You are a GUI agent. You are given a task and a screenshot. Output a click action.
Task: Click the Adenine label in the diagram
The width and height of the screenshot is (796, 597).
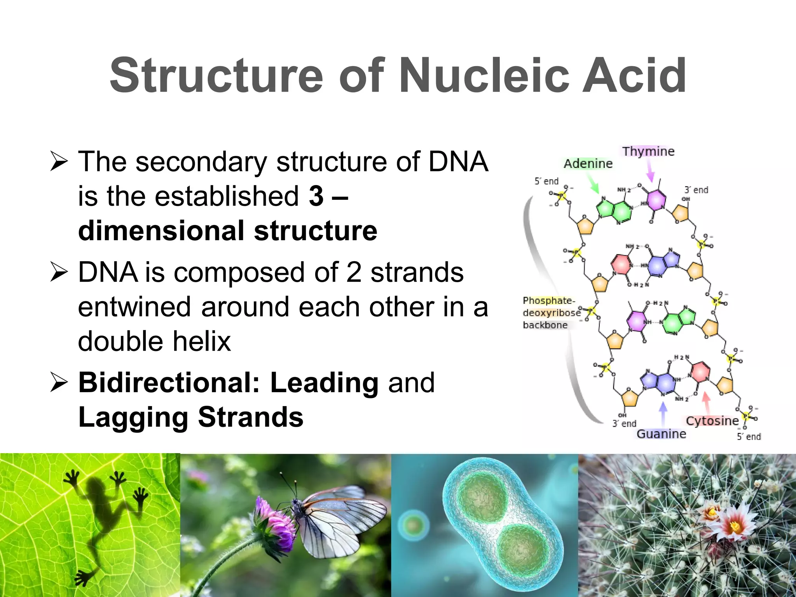click(x=588, y=164)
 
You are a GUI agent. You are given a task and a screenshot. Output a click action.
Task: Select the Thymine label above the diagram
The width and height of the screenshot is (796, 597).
click(x=648, y=151)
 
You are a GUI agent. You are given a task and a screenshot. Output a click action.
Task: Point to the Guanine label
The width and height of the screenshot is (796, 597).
click(x=661, y=434)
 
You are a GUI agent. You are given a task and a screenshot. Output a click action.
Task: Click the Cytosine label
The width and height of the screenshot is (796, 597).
click(x=712, y=421)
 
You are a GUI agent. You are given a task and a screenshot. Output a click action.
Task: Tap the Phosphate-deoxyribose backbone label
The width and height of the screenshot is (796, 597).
click(x=549, y=312)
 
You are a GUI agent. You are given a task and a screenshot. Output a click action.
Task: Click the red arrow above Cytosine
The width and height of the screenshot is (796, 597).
click(x=706, y=402)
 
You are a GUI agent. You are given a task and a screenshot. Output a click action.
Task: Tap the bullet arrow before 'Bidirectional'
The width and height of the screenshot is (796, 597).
click(x=59, y=382)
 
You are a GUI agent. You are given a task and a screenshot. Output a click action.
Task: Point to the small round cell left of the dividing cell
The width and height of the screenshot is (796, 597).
click(x=413, y=526)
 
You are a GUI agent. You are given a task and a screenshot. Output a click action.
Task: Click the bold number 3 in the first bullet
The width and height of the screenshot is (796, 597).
click(x=316, y=196)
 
